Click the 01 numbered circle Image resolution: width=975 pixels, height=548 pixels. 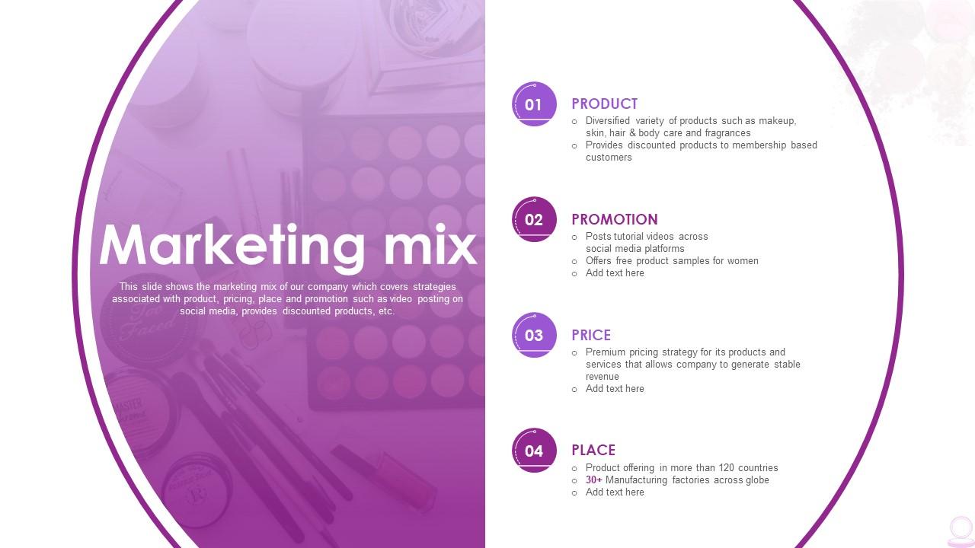pos(534,104)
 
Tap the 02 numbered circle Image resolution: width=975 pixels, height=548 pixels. pos(534,220)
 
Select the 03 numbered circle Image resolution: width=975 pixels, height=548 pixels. pos(534,335)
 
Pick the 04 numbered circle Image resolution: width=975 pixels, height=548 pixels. pos(534,451)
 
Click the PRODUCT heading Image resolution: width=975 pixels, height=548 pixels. pos(604,104)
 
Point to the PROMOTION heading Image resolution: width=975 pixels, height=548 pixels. pos(614,219)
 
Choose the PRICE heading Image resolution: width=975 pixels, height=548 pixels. pos(591,335)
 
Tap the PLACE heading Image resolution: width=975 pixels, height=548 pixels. pos(593,450)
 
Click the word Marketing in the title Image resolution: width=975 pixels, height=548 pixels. pos(232,246)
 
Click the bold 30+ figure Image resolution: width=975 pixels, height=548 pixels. pos(594,480)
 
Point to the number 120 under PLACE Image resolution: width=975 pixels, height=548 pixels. pos(725,468)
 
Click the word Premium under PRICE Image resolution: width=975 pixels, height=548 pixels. pos(606,352)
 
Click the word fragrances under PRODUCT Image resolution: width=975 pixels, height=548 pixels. pos(727,133)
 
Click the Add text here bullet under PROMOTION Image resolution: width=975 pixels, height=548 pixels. pos(615,273)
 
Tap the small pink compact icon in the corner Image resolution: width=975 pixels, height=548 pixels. pos(961,530)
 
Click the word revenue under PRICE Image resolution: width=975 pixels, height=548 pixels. pos(603,377)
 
